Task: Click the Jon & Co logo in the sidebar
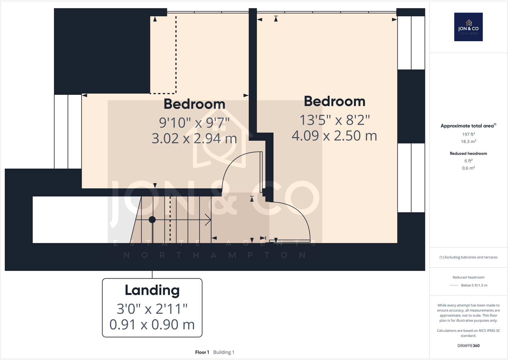[x=468, y=27]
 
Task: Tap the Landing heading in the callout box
[x=152, y=290]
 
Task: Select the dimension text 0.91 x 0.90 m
[x=152, y=325]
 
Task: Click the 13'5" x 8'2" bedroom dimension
[x=335, y=120]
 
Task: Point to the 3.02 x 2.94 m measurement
[x=194, y=139]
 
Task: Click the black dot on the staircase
[x=152, y=220]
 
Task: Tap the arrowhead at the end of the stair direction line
[x=209, y=220]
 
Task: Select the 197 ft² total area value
[x=468, y=134]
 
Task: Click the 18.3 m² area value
[x=468, y=142]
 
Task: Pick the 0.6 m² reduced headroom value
[x=468, y=168]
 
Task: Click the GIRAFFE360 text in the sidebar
[x=468, y=346]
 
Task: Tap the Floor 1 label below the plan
[x=202, y=352]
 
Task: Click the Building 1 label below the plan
[x=224, y=352]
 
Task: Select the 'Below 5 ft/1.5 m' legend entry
[x=474, y=285]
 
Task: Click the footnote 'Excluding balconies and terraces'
[x=468, y=257]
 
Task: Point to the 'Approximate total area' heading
[x=467, y=126]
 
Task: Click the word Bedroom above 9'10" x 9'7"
[x=194, y=104]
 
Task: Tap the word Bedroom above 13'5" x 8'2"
[x=335, y=101]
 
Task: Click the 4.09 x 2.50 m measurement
[x=335, y=136]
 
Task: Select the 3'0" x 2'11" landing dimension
[x=152, y=309]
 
